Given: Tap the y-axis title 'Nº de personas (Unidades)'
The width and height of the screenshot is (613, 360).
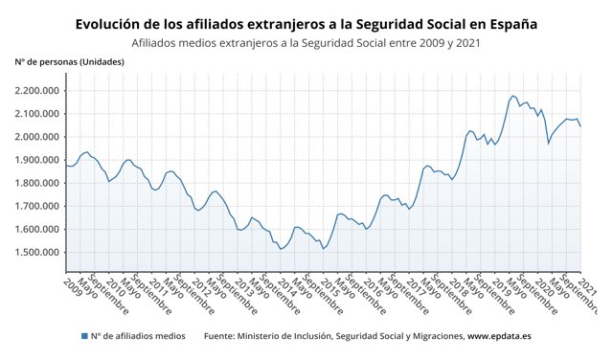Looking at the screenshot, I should tap(69, 62).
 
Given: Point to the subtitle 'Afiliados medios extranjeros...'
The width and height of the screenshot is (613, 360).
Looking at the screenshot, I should tap(306, 42).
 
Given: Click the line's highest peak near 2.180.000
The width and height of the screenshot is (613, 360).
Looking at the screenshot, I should tap(513, 96).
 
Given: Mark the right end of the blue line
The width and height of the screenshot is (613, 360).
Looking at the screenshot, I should tap(580, 125).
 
